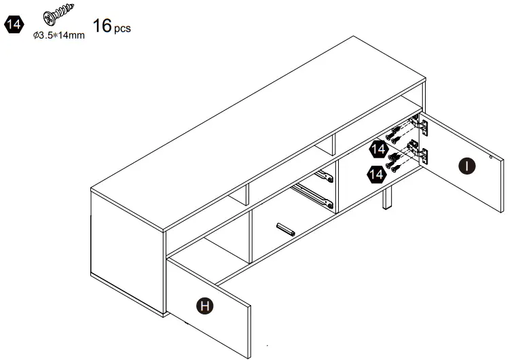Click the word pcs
click(x=122, y=30)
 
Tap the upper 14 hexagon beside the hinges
click(x=378, y=149)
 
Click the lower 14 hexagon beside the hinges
click(x=375, y=175)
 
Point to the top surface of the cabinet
click(x=258, y=129)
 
